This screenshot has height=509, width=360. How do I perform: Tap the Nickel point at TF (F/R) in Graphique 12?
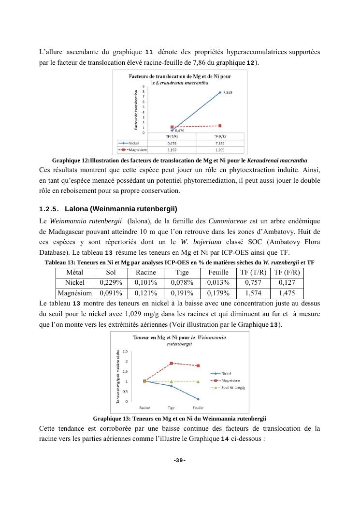(x=220, y=92)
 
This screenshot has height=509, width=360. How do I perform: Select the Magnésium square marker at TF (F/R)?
(x=220, y=126)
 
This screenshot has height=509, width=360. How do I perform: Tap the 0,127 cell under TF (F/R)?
(x=287, y=282)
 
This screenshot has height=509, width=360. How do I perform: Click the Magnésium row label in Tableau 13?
(x=75, y=293)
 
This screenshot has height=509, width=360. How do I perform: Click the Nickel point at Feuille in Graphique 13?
(x=198, y=399)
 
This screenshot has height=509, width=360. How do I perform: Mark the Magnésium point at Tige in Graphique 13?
(x=171, y=363)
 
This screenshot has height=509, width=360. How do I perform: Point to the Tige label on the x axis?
(x=171, y=407)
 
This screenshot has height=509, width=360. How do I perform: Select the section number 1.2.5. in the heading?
(x=48, y=209)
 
